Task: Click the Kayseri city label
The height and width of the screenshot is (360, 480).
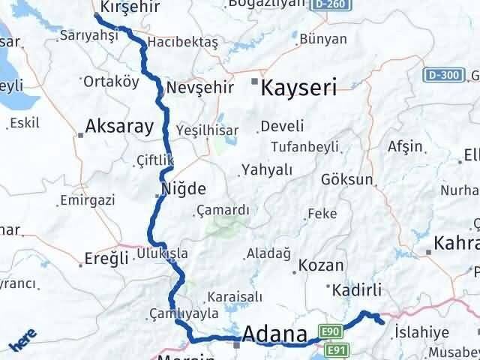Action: tap(298, 88)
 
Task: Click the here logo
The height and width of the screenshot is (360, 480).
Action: tap(22, 341)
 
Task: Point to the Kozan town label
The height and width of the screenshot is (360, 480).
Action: tap(321, 265)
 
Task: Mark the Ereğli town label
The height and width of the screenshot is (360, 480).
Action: tap(104, 259)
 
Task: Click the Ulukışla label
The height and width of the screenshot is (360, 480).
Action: tap(162, 253)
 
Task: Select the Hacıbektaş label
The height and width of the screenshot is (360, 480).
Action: tap(183, 43)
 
